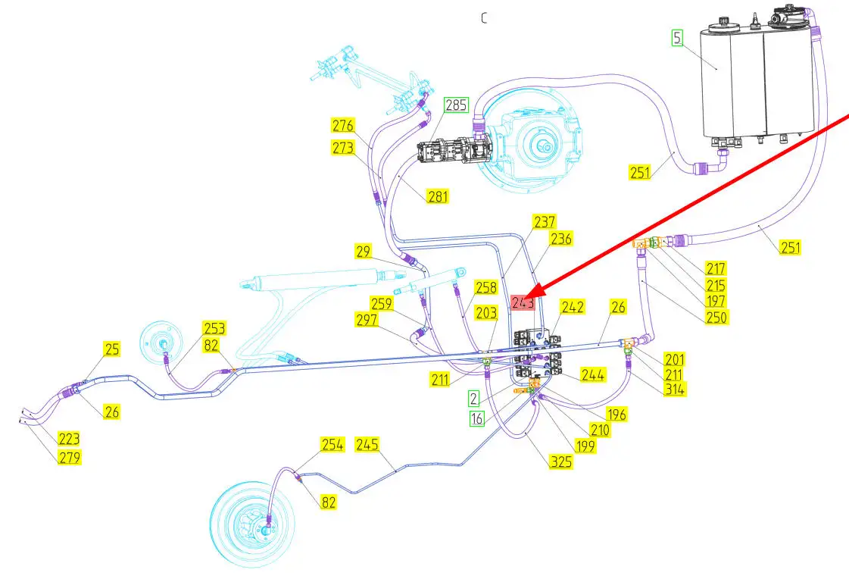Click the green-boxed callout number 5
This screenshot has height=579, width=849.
(677, 37)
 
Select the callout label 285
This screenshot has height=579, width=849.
(456, 105)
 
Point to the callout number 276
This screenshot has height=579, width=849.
(343, 125)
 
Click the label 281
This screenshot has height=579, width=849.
(437, 196)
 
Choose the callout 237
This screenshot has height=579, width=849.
(545, 222)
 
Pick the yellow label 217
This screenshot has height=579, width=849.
(715, 268)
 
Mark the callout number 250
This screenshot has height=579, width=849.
(716, 317)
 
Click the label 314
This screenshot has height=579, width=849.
(674, 389)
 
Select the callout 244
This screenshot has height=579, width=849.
(592, 374)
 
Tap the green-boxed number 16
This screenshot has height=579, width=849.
(476, 418)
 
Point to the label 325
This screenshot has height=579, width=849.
(561, 460)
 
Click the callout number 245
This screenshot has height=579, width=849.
(367, 444)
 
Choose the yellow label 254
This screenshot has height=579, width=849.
(332, 445)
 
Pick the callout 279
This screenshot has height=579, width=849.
(68, 458)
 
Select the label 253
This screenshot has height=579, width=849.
(214, 328)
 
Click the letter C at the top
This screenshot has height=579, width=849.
(484, 18)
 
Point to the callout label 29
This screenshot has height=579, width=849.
(365, 250)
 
